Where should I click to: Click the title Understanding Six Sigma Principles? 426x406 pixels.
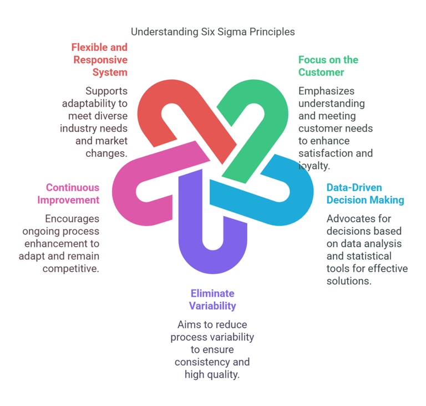coord(213,32)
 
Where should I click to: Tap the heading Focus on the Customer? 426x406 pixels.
coord(328,66)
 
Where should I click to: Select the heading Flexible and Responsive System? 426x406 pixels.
coord(99,60)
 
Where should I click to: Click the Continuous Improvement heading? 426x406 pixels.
coord(68,194)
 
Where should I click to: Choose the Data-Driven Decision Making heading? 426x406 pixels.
coord(365,194)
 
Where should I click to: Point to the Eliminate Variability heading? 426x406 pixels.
coord(212,300)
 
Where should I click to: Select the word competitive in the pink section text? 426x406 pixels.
coord(70,269)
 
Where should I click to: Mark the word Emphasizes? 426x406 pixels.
coord(326,91)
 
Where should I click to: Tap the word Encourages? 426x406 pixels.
coord(72,219)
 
